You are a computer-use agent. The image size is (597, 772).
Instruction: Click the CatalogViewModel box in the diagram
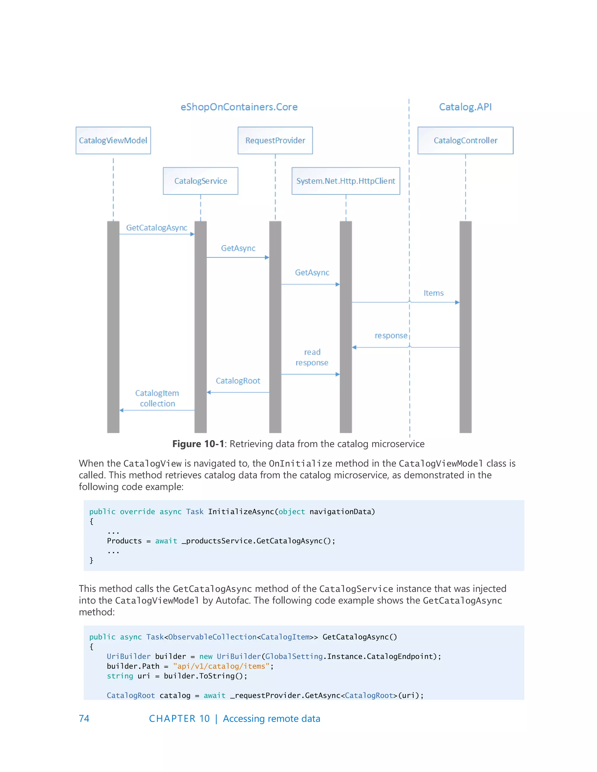[x=113, y=140]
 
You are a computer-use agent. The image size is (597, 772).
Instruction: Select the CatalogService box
[x=201, y=181]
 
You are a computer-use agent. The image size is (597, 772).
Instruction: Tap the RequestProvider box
[x=275, y=140]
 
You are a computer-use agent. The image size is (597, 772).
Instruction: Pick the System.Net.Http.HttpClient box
[x=345, y=181]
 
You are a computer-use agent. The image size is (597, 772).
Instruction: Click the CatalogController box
[x=466, y=140]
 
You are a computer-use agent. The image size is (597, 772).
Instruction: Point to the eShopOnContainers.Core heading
[x=239, y=107]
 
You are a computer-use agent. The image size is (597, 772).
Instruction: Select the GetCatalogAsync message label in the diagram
[x=157, y=228]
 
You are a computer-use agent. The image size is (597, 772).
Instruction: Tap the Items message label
[x=433, y=293]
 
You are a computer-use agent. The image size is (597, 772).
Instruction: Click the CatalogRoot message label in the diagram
[x=238, y=381]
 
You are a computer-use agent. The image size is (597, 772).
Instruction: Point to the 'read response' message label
[x=312, y=357]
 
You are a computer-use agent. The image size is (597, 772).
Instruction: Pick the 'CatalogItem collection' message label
[x=157, y=398]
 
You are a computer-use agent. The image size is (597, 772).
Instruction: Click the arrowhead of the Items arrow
[x=457, y=302]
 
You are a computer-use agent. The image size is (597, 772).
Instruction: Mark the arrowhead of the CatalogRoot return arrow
[x=209, y=392]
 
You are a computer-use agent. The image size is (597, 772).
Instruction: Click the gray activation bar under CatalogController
[x=466, y=327]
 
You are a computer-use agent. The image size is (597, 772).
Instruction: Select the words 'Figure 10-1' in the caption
[x=198, y=444]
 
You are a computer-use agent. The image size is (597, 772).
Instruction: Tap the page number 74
[x=84, y=718]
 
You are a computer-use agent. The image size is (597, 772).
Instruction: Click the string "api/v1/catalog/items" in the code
[x=221, y=666]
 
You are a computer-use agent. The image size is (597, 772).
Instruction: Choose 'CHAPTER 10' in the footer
[x=179, y=718]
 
